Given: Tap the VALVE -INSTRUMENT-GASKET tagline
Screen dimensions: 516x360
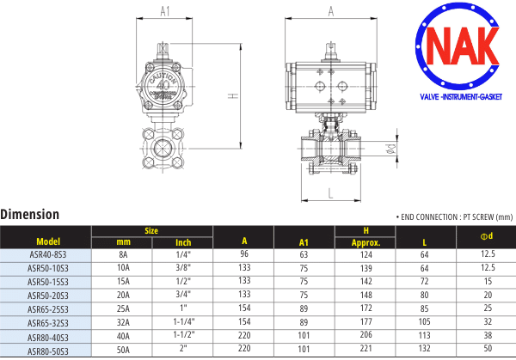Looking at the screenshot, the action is click(461, 97).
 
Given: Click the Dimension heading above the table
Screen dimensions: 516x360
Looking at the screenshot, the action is click(29, 214).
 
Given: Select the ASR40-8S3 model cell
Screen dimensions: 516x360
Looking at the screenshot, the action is click(48, 255).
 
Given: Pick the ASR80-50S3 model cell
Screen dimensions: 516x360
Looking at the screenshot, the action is click(48, 351).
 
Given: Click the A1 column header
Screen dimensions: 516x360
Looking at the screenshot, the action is click(304, 242).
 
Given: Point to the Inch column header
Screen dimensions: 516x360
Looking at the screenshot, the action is click(183, 242).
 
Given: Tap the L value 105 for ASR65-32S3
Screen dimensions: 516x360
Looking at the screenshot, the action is click(424, 321).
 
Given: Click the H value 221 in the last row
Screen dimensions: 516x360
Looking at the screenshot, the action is click(366, 348).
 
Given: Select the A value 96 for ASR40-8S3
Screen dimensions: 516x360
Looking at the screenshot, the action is click(244, 253).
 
